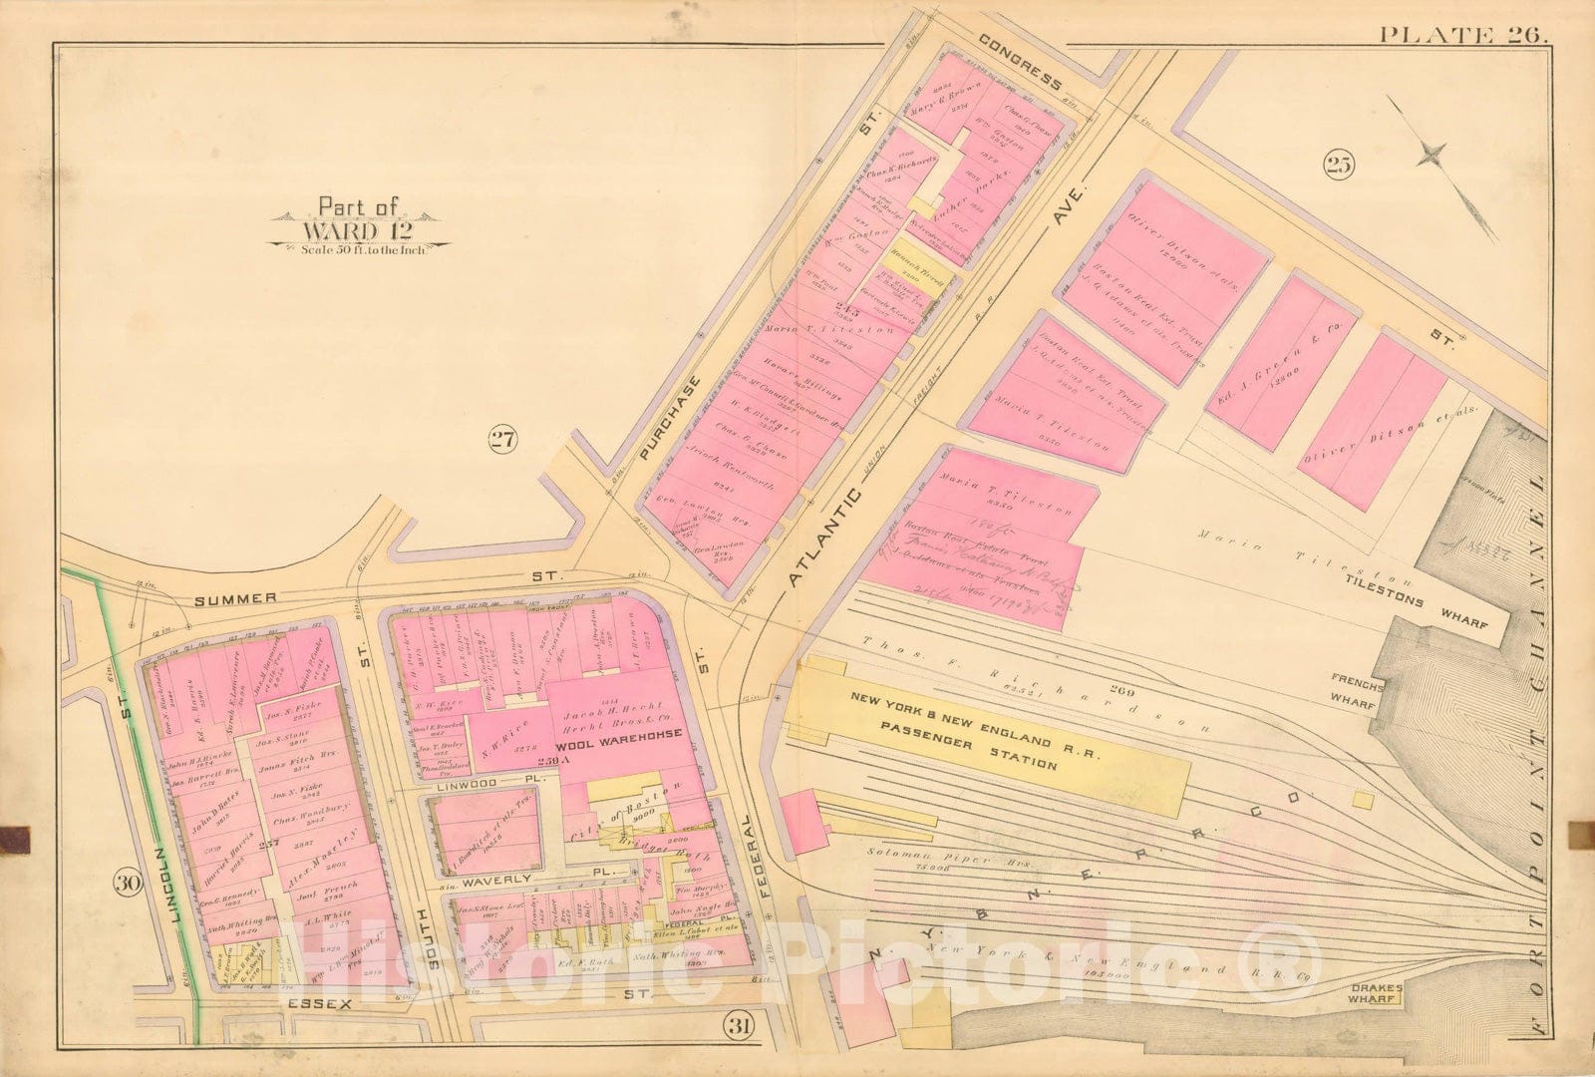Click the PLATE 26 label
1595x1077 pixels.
[x=1462, y=36]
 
